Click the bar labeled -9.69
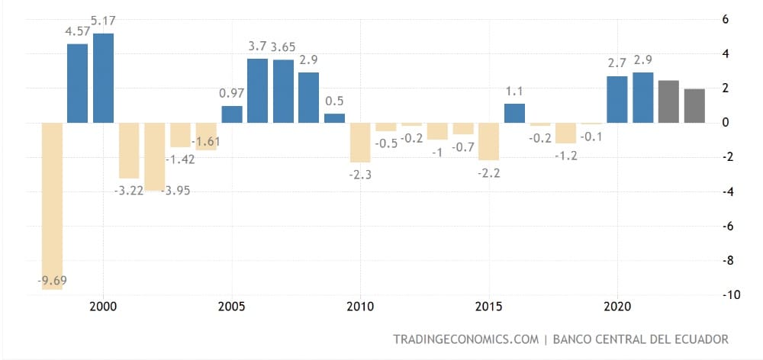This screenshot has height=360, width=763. click(52, 206)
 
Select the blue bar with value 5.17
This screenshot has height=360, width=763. click(103, 78)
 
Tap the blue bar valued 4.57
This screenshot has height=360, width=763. click(77, 83)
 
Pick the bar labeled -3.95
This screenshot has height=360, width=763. click(155, 156)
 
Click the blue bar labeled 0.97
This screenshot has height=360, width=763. click(231, 114)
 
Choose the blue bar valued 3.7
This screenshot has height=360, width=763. click(257, 90)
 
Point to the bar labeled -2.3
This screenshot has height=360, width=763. click(360, 142)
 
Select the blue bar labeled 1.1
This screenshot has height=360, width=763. click(514, 113)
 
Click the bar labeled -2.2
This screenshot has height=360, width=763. click(488, 141)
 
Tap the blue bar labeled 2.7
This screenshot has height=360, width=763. click(617, 99)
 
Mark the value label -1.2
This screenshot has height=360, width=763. click(565, 156)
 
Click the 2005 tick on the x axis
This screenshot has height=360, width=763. click(231, 307)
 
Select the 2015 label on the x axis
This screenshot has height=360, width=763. click(488, 307)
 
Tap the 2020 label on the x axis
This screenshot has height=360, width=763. click(617, 307)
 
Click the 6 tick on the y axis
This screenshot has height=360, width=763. click(736, 19)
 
